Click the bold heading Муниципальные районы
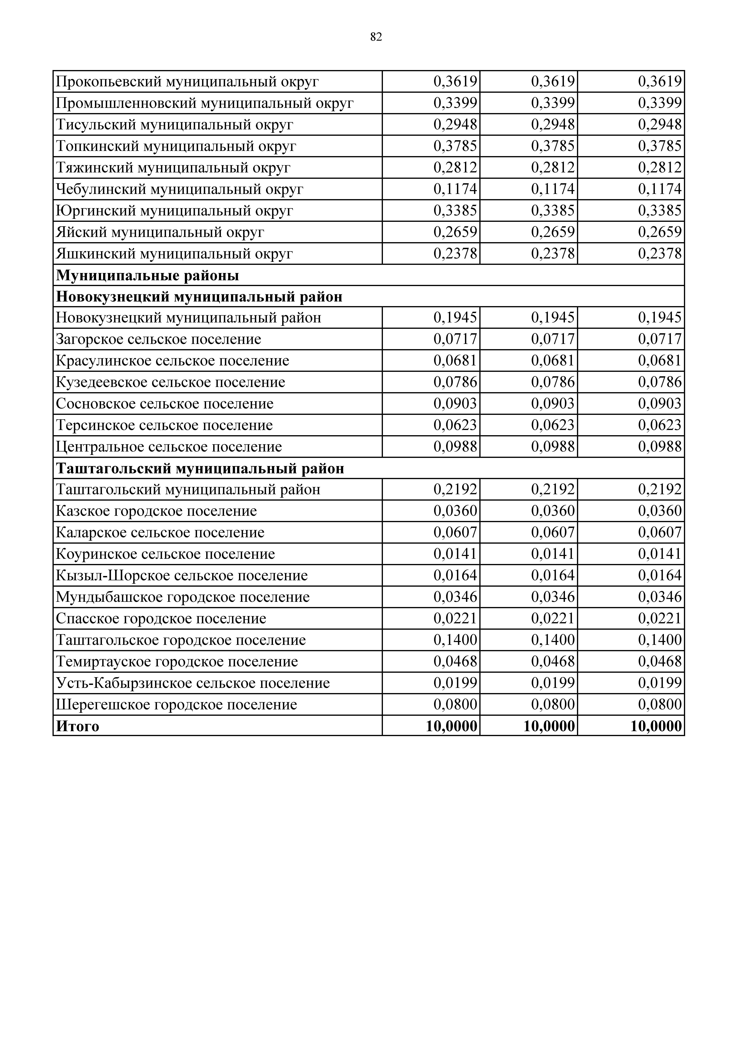coord(147,275)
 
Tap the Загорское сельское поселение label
coord(158,339)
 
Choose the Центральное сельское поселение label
coord(169,447)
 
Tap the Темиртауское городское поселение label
coord(177,661)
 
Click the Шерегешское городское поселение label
coord(176,705)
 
